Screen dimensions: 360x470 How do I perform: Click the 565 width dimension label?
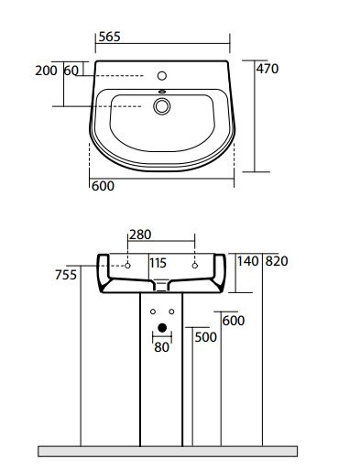click(110, 37)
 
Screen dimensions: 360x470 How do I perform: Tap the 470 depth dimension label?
click(267, 69)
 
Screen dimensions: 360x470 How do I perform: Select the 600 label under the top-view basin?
click(103, 186)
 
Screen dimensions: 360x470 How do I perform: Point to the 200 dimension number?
click(46, 71)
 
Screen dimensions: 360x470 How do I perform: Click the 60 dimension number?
click(71, 71)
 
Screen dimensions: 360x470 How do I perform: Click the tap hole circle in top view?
click(162, 75)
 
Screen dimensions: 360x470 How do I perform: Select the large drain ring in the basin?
click(161, 106)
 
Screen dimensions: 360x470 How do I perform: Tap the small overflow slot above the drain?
click(162, 92)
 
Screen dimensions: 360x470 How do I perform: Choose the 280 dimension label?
click(140, 235)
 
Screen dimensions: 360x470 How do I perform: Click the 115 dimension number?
click(158, 263)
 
